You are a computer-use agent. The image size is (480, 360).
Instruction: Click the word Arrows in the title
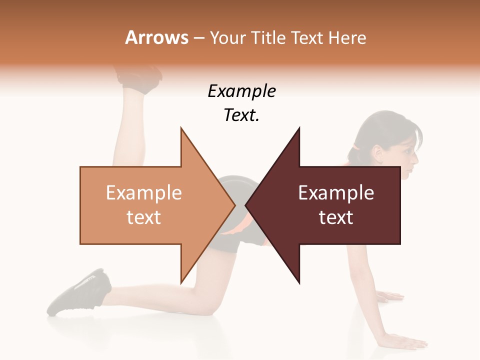click(x=156, y=37)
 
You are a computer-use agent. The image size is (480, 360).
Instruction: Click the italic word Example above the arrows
click(x=241, y=91)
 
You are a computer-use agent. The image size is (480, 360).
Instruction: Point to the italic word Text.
click(x=241, y=115)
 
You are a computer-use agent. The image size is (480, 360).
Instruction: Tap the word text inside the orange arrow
click(x=143, y=217)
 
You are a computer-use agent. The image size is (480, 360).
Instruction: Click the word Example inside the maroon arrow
click(x=336, y=193)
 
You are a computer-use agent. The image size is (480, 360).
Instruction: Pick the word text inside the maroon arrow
click(x=336, y=217)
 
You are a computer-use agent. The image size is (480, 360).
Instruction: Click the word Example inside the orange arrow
click(x=143, y=193)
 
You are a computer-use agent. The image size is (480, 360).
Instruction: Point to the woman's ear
click(x=376, y=150)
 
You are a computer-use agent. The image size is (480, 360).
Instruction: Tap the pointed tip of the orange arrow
click(x=234, y=205)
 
